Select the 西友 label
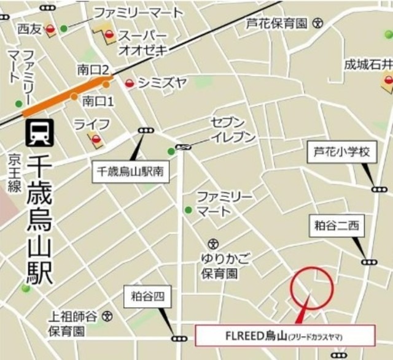point(28,28)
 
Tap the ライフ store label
point(91,124)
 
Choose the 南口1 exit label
point(98,99)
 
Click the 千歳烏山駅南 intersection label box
point(130,170)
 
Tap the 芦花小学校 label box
point(340,151)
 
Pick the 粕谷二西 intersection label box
point(336,226)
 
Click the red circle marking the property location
point(312,289)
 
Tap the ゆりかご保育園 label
point(219,264)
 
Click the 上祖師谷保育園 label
point(74,323)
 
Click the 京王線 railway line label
point(14,174)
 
